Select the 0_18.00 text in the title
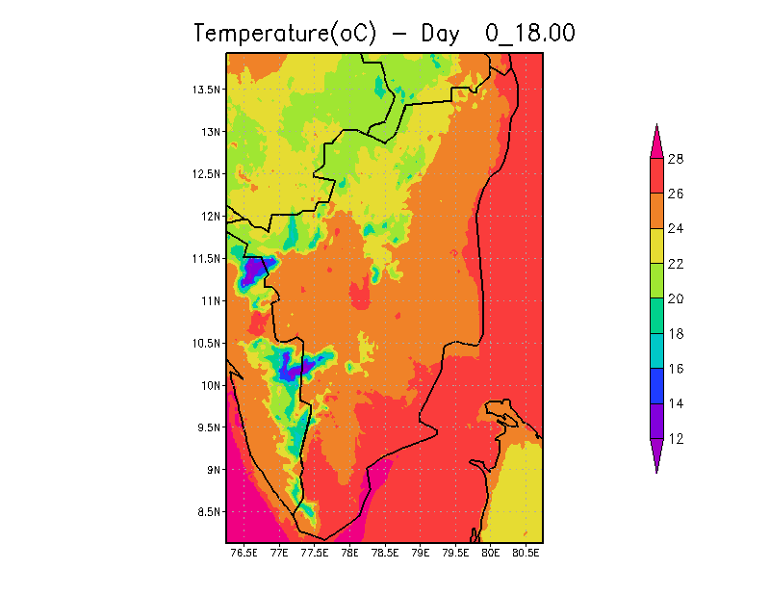[530, 33]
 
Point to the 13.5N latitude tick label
[207, 90]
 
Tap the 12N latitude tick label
[211, 216]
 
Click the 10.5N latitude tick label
[207, 343]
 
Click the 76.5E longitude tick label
[244, 554]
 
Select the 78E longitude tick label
[349, 554]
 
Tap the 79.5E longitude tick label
[455, 554]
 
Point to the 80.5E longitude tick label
[526, 554]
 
